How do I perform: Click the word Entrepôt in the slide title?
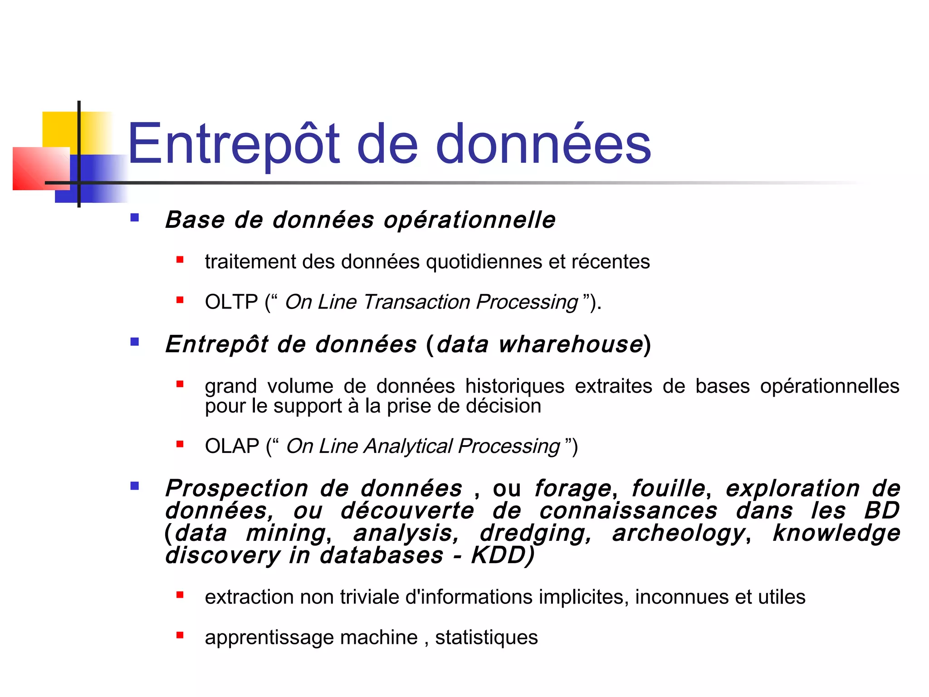[233, 144]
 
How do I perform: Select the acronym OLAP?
[232, 446]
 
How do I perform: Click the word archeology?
[679, 533]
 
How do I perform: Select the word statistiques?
[486, 638]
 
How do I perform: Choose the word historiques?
[514, 386]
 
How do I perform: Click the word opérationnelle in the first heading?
[469, 220]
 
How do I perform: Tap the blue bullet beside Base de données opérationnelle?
[134, 218]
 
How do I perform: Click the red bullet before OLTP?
[180, 300]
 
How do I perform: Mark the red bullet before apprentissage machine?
[180, 635]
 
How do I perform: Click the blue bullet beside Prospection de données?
[134, 486]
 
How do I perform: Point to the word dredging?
[536, 533]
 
